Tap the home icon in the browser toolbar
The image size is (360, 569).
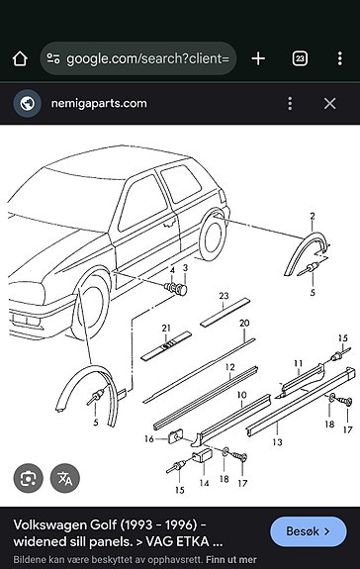pos(20,58)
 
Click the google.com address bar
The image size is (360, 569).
pos(138,58)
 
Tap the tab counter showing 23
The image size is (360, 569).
pos(301,58)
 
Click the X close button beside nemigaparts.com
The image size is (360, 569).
pos(330,103)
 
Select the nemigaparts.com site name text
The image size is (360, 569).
pos(100,103)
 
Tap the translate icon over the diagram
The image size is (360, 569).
pos(66,478)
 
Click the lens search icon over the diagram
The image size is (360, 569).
pos(29,478)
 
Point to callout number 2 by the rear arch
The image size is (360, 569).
pos(312,216)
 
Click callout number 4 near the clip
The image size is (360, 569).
pos(172,270)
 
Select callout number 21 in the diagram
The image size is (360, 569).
pos(166,328)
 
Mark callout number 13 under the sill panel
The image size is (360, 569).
pos(277,442)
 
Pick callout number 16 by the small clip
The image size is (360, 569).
pos(149,438)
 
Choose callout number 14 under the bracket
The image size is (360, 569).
pos(205,483)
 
